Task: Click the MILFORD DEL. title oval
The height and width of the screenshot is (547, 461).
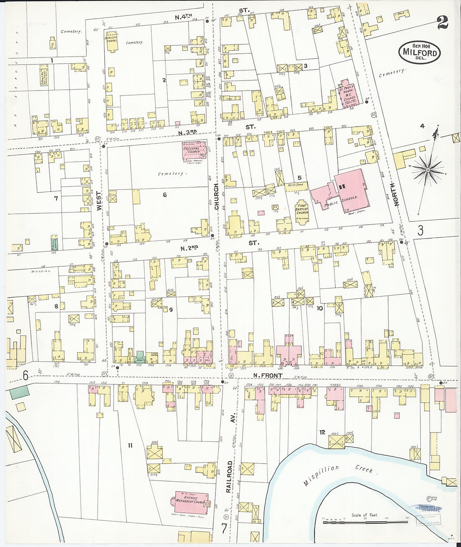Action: click(x=420, y=52)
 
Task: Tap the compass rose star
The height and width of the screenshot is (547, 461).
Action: click(x=427, y=169)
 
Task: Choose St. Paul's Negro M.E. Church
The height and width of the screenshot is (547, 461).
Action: click(x=348, y=94)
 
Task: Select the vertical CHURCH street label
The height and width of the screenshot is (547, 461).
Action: click(x=217, y=197)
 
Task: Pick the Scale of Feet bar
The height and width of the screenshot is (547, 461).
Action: click(x=365, y=522)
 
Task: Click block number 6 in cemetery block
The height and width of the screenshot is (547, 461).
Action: click(x=165, y=194)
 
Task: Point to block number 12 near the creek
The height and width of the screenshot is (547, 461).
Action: click(x=322, y=432)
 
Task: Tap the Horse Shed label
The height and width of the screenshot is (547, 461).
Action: click(x=295, y=185)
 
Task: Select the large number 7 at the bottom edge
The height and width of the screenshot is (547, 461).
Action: click(x=224, y=529)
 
